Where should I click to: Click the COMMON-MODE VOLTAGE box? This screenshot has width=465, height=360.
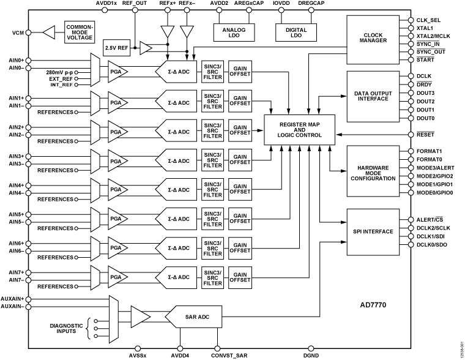pos(80,32)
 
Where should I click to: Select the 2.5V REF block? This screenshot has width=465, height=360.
pos(116,48)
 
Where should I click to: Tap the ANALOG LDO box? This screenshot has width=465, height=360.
pos(234,33)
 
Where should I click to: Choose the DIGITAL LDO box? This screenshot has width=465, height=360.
pos(296,33)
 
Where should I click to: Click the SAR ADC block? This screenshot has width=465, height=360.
pos(195,317)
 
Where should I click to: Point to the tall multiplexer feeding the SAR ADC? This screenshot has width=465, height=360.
pos(113,320)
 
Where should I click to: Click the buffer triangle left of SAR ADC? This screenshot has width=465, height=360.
pos(139,317)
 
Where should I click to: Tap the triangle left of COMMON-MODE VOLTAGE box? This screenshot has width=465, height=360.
pos(50,32)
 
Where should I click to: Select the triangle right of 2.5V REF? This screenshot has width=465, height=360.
pos(145,48)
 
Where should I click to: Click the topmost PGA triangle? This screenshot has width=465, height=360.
pos(116,72)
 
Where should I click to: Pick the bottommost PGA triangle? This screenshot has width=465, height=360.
pos(116,277)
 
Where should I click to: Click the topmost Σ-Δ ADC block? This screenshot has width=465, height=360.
pos(177,72)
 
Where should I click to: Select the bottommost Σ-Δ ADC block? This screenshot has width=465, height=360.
pos(177,277)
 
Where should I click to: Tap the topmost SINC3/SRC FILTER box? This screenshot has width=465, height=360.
pos(212,72)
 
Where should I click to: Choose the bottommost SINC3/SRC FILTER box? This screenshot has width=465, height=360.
pos(212,277)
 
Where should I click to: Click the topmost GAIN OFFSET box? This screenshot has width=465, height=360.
pos(240,72)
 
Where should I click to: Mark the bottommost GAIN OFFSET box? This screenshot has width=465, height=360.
pos(240,277)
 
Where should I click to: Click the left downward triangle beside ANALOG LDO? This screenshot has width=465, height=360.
pos(167,31)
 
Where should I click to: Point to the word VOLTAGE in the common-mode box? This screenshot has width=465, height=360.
pos(80,38)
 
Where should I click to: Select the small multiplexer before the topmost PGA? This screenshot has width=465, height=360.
pos(95,70)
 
